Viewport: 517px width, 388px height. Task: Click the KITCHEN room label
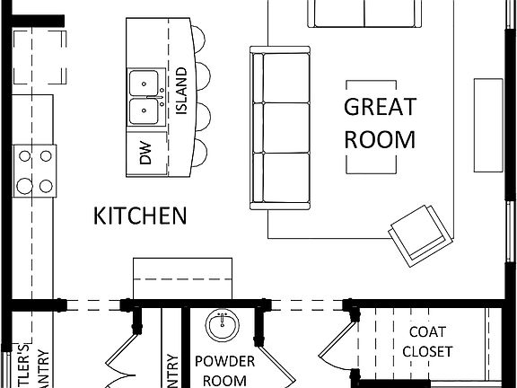[x=141, y=216]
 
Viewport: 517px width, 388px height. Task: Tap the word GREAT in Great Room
[x=381, y=107]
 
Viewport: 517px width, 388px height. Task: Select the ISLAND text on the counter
[x=181, y=91]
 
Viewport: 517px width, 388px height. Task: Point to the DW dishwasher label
[x=146, y=154]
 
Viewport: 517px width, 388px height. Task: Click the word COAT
[x=427, y=331]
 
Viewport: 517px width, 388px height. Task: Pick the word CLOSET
[x=427, y=351]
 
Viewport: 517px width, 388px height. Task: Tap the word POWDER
[x=224, y=362]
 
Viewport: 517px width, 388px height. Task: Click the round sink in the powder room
[x=221, y=325]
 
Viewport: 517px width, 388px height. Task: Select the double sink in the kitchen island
[x=145, y=97]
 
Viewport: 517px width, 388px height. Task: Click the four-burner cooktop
[x=33, y=172]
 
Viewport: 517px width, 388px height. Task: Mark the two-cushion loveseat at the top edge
[x=364, y=13]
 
